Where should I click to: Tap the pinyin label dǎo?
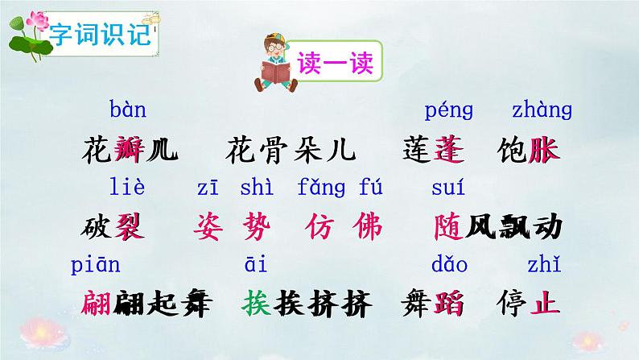pyautogui.click(x=449, y=264)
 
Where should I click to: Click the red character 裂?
pyautogui.click(x=129, y=227)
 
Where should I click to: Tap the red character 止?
pyautogui.click(x=544, y=304)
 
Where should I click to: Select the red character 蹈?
pyautogui.click(x=449, y=304)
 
